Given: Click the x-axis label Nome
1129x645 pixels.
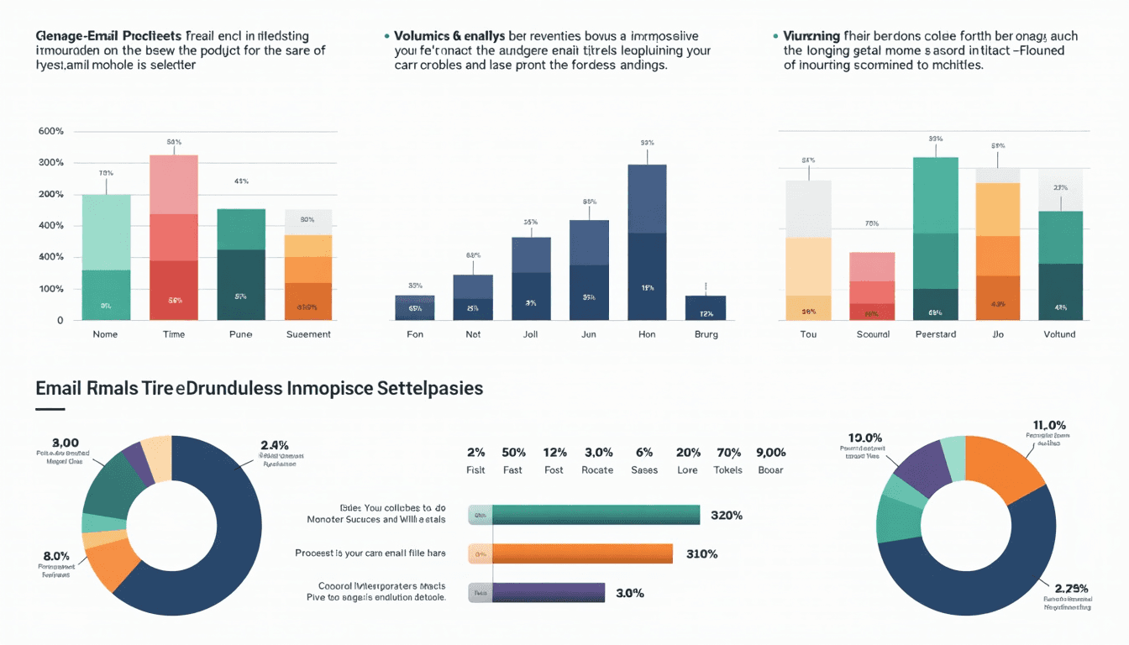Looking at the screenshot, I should pos(106,334).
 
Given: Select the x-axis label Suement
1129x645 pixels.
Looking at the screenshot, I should pos(308,334).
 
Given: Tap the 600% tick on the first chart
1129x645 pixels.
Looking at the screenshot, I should pos(51,131).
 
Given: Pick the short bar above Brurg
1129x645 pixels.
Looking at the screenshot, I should pos(705,307).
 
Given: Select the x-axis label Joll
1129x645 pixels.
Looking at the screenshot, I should pos(530,334).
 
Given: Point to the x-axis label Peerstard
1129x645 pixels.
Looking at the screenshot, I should pos(935,334).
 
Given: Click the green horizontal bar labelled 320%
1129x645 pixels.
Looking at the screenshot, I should pos(596,515).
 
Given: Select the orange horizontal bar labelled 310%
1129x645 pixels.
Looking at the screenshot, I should pos(583,553).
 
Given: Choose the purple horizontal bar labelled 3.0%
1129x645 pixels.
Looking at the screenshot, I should pos(549,592).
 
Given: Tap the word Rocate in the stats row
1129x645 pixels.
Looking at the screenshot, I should pos(597,470).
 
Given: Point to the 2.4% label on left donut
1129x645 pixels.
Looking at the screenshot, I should pos(275,445).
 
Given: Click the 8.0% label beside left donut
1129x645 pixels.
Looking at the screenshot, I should pos(55,555).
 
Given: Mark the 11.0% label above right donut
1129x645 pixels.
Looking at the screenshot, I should pos(1048,425).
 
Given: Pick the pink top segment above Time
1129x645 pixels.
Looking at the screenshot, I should pos(174,185).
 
